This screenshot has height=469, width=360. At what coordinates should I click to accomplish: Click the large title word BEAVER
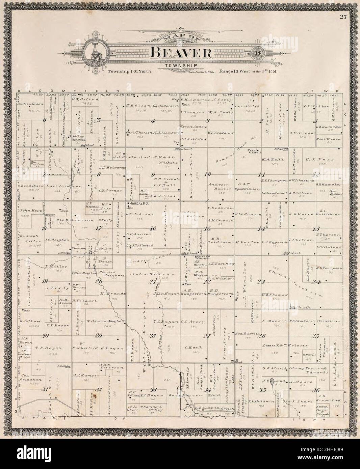[x=181, y=52]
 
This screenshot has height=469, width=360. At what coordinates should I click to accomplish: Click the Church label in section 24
[x=300, y=307]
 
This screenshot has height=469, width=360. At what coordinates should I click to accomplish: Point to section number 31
[x=44, y=389]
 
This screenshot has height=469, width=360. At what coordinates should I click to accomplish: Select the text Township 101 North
[x=130, y=72]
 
